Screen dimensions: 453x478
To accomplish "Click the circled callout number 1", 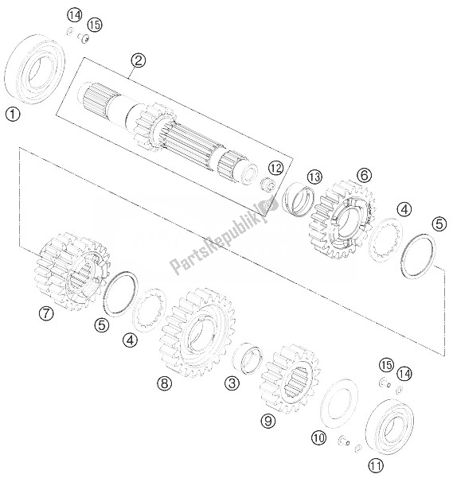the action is click(13, 115).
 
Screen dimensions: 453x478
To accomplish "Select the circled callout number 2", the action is click(139, 60).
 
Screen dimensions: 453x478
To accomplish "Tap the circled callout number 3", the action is click(232, 383).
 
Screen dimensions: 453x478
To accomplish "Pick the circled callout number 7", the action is click(46, 313).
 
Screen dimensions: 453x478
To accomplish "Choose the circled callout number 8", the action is click(165, 383).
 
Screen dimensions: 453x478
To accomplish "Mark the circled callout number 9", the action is click(268, 421).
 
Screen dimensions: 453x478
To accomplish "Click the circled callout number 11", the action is click(376, 465).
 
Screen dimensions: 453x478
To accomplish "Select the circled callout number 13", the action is click(314, 177).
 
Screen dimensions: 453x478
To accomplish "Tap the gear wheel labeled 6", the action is click(342, 220).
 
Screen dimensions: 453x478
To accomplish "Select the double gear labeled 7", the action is click(72, 272).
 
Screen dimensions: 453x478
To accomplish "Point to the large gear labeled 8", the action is click(197, 333).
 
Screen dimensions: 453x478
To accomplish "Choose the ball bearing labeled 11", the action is click(389, 426).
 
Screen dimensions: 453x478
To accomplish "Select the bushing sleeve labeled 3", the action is click(248, 358).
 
